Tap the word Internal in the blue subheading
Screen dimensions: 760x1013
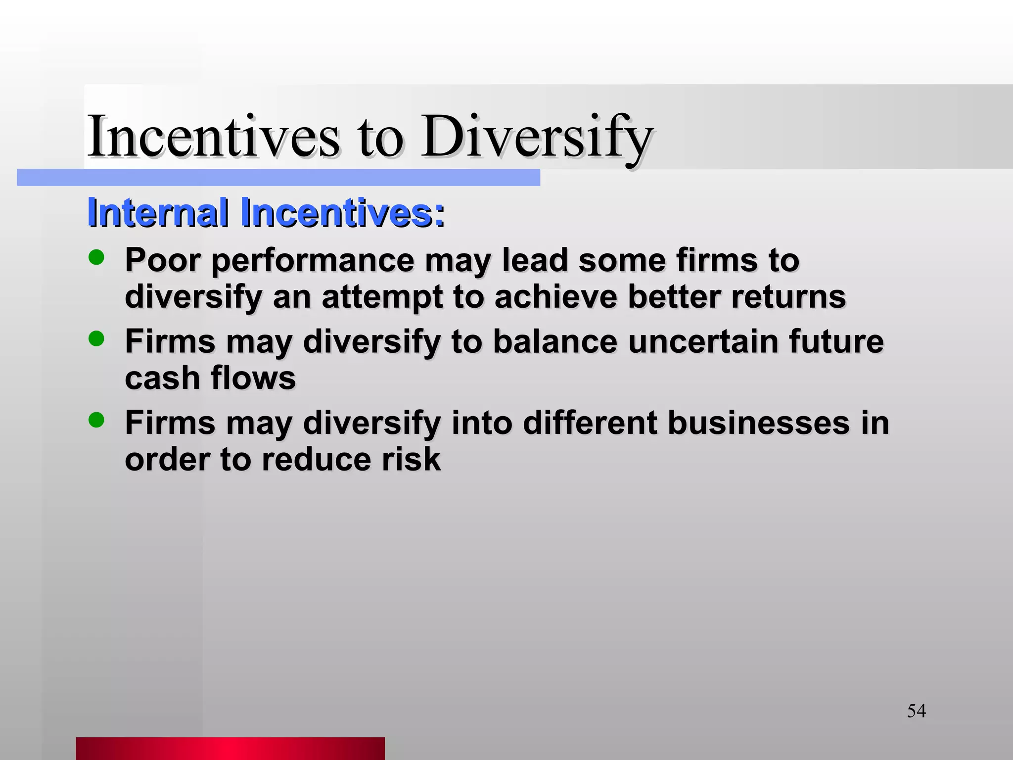[x=157, y=213]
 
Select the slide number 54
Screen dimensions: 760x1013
[x=916, y=711]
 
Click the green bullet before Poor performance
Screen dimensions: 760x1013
[x=96, y=257]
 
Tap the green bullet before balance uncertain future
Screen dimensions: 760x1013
[x=96, y=339]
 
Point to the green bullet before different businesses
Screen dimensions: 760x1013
[x=96, y=420]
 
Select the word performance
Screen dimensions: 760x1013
[x=313, y=261]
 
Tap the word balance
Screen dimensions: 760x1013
[x=555, y=341]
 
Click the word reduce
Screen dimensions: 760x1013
[x=316, y=460]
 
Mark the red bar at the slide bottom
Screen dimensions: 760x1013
[x=230, y=748]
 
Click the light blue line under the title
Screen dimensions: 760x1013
[x=278, y=178]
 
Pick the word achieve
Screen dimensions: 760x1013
[x=556, y=297]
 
